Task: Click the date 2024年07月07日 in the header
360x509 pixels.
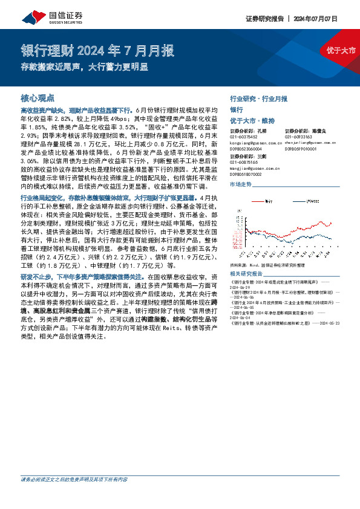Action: point(323,18)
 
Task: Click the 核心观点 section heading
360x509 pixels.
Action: point(38,97)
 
